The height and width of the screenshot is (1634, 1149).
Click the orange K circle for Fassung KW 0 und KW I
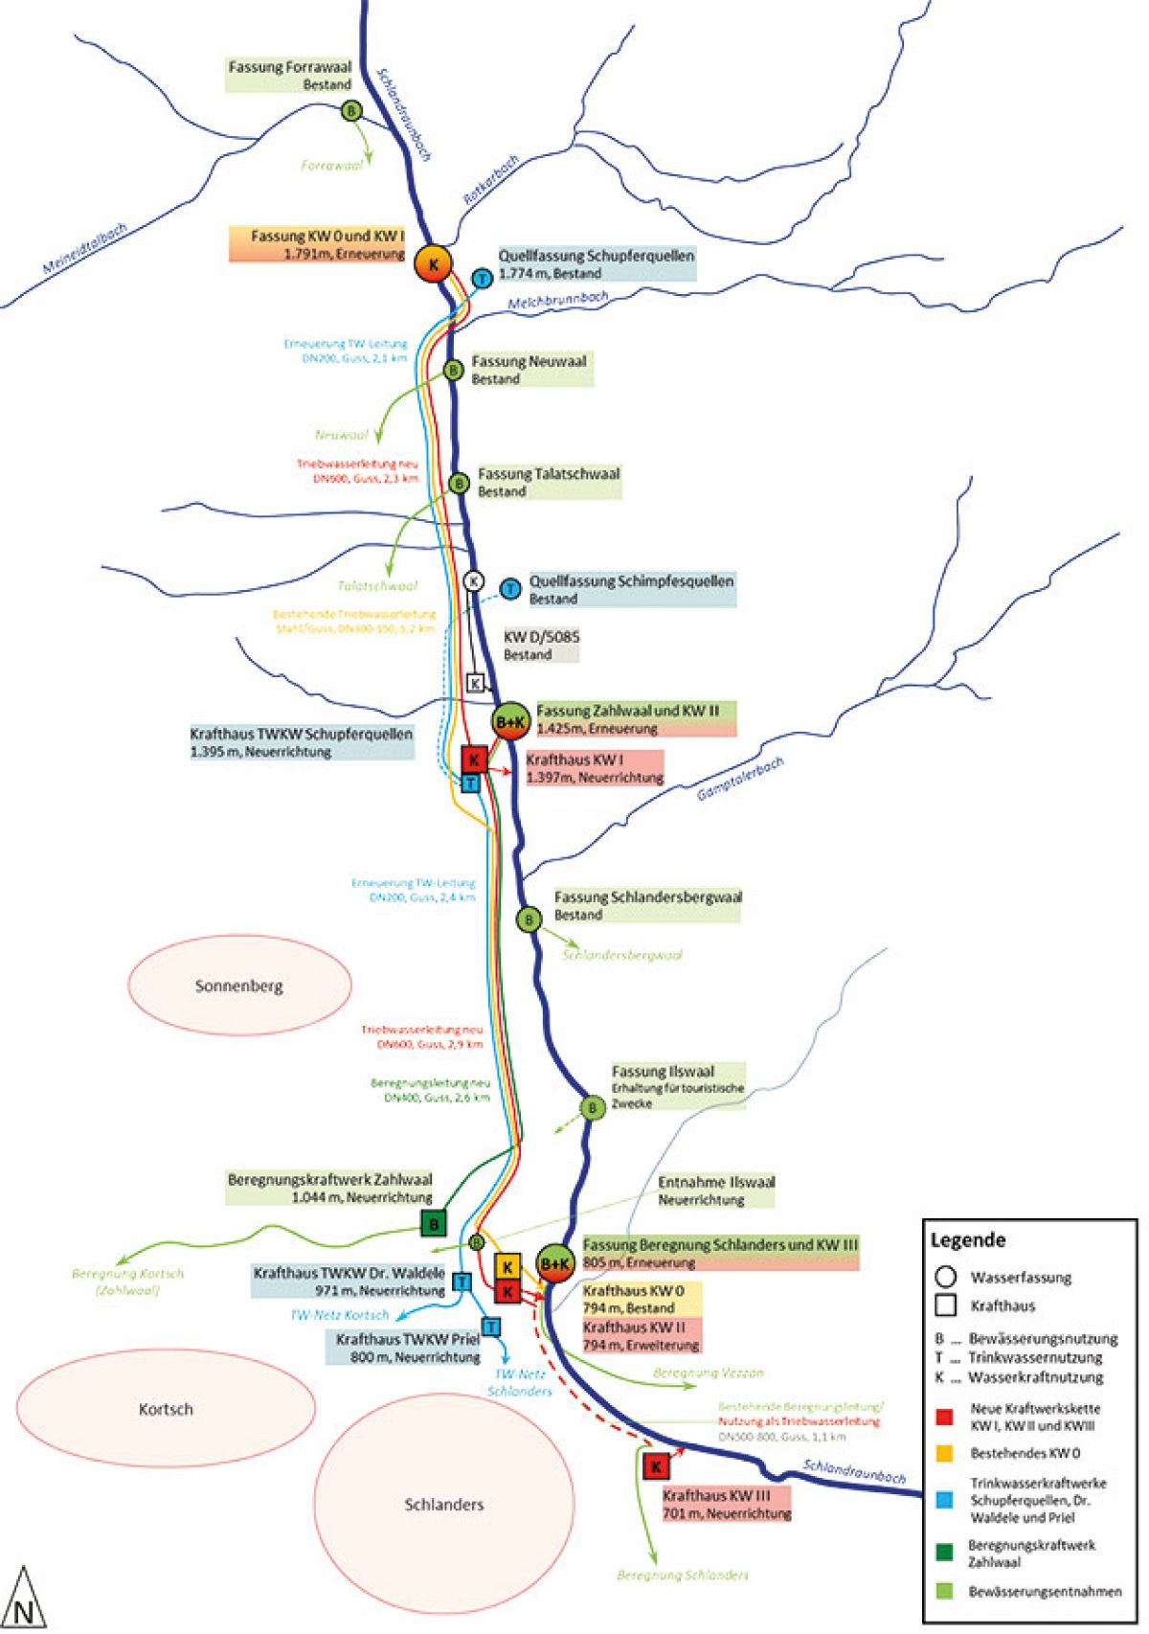(x=434, y=263)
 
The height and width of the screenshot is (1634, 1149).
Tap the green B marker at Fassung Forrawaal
(x=352, y=112)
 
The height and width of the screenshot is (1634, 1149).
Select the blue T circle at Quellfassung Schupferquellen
(x=484, y=278)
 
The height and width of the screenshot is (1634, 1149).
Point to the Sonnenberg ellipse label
(x=239, y=986)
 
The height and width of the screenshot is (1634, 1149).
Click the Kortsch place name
(x=166, y=1409)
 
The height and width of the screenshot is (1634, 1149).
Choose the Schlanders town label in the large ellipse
(x=444, y=1504)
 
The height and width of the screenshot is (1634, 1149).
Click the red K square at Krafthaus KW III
(x=656, y=1466)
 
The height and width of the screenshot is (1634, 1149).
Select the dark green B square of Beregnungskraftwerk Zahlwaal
(x=434, y=1224)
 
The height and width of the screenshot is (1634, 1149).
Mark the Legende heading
(x=968, y=1239)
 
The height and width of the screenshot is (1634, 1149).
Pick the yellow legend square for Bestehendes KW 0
(x=945, y=1453)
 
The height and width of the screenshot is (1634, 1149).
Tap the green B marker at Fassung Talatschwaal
(x=459, y=484)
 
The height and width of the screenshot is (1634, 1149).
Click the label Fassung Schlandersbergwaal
(x=647, y=897)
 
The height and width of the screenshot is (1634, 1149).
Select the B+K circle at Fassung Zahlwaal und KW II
(x=510, y=721)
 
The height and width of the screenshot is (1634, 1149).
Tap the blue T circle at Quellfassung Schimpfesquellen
(x=512, y=588)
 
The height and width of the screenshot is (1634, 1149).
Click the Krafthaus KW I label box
(x=594, y=768)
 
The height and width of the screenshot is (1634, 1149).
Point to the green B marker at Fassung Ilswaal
(x=593, y=1108)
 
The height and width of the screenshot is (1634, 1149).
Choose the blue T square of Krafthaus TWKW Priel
(x=491, y=1327)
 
